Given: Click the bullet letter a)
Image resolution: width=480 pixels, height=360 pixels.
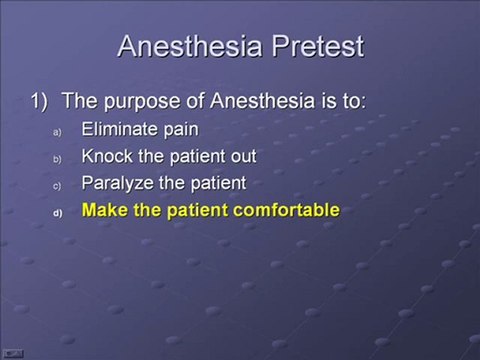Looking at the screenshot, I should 57,130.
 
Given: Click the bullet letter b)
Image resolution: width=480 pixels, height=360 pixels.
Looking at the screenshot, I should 57,158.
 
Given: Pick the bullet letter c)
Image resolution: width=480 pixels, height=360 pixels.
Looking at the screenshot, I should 57,186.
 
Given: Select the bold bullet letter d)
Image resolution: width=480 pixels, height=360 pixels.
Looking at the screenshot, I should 57,213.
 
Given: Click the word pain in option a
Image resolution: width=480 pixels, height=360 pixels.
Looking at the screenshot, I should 181,129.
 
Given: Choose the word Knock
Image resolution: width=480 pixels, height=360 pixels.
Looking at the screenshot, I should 108,156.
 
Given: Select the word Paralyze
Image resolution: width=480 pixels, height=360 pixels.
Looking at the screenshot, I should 118,184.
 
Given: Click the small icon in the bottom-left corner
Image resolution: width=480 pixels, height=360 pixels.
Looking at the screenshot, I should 13,352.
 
